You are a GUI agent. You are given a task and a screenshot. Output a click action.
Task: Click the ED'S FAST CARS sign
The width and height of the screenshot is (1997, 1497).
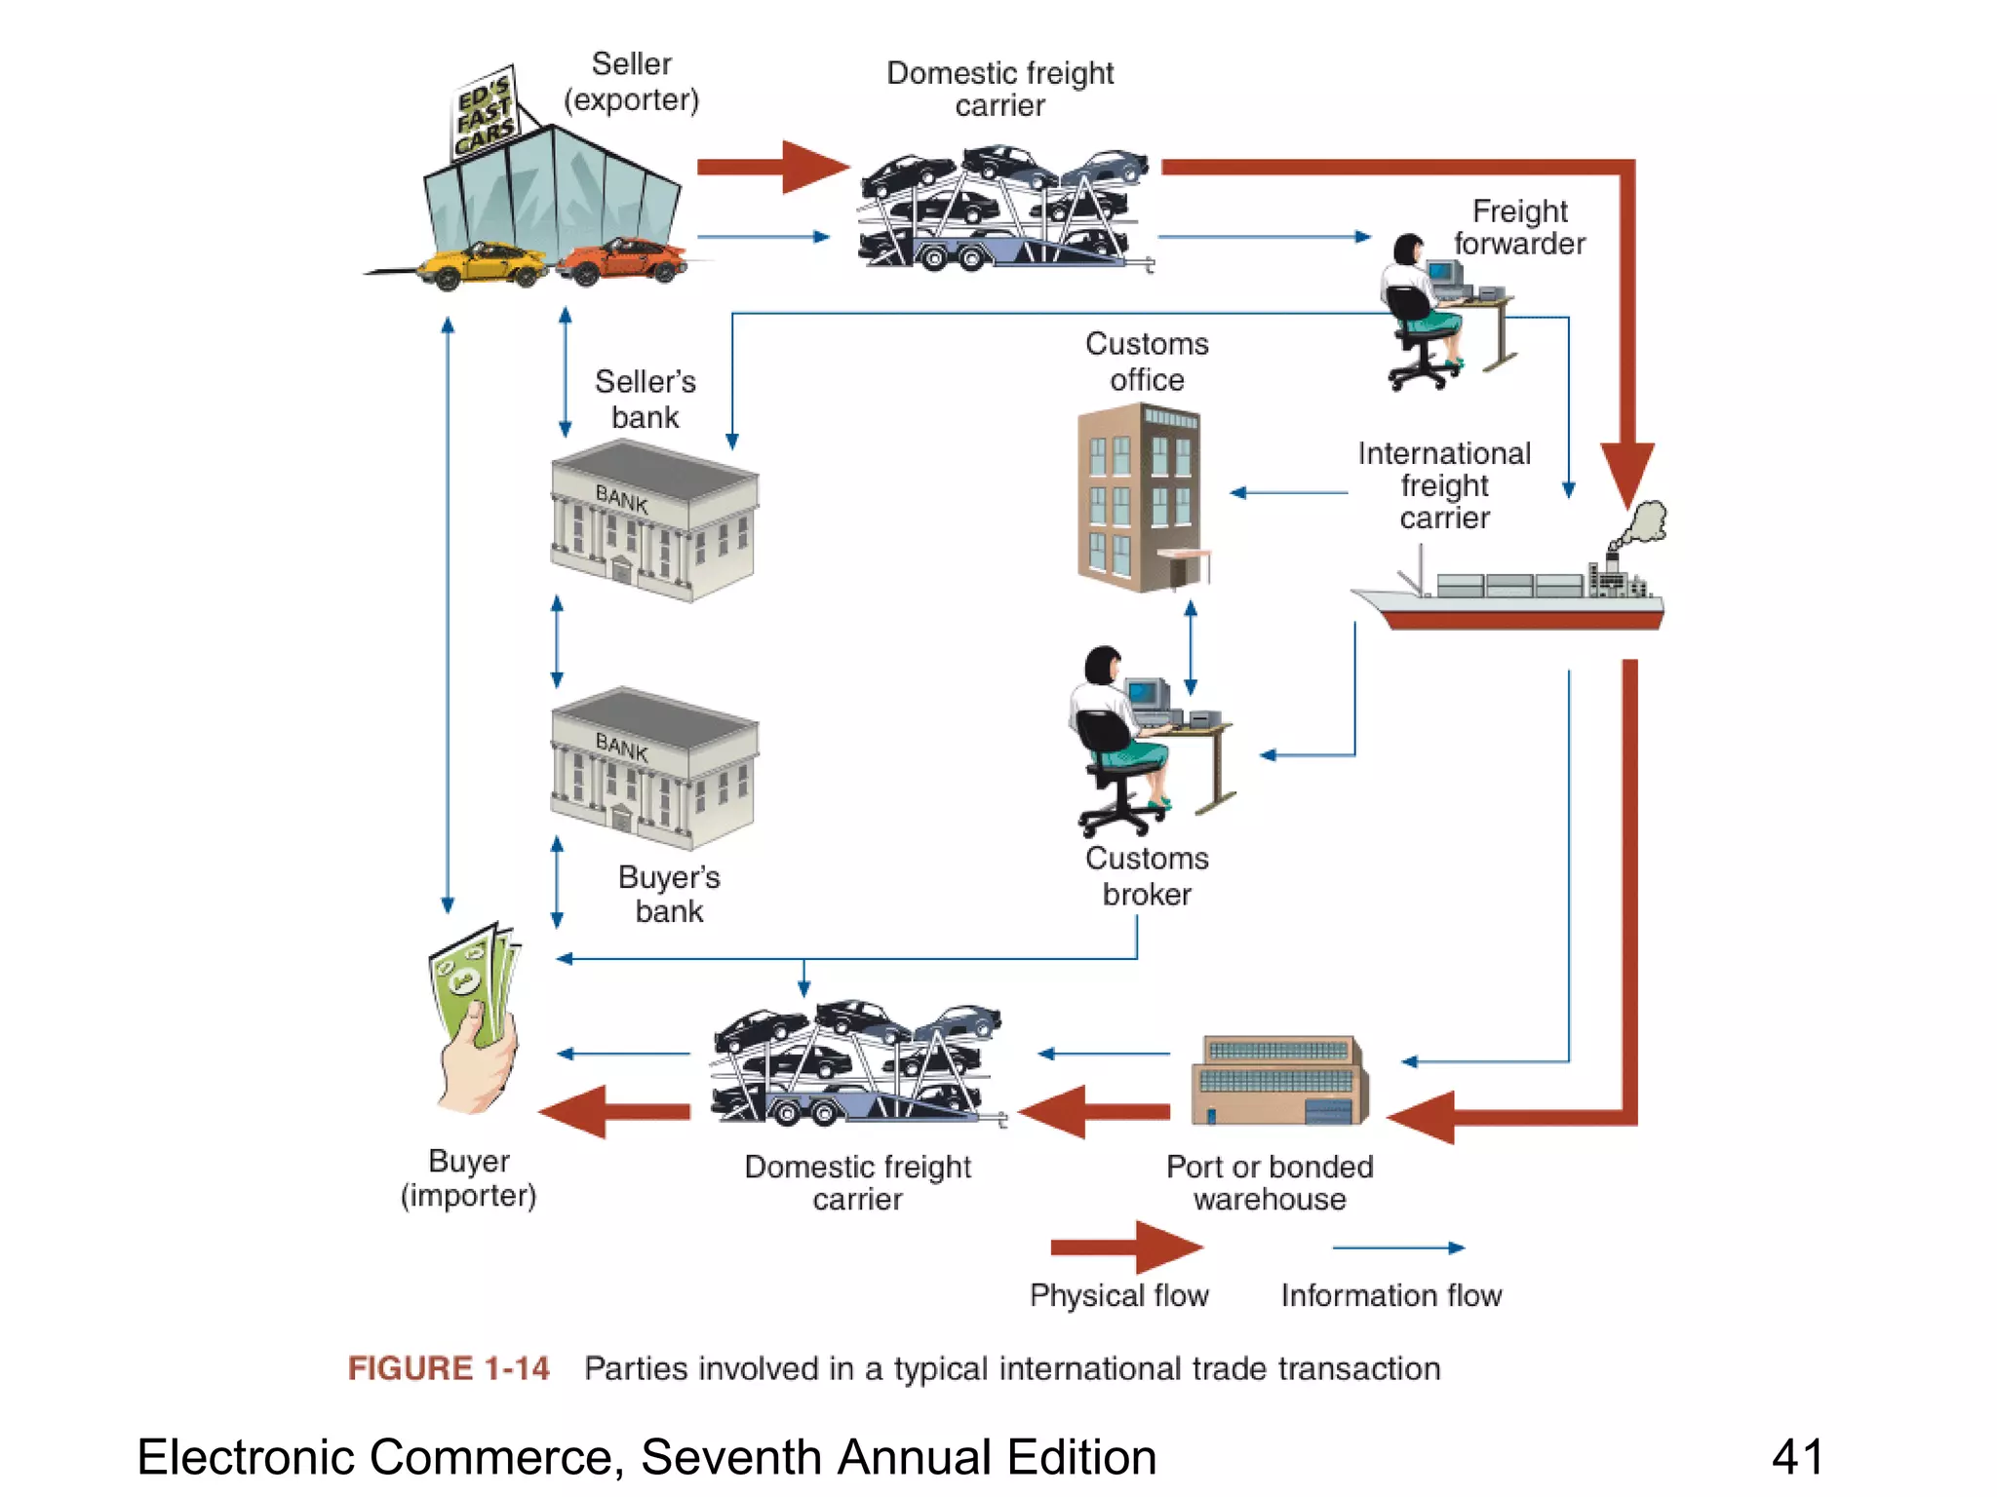point(485,115)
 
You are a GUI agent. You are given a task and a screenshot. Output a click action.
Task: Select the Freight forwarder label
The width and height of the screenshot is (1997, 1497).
point(1519,227)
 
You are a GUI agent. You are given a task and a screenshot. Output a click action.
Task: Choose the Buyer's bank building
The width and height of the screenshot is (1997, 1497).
point(654,767)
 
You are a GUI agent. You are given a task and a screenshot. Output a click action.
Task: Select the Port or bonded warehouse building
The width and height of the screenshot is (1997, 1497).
point(1278,1080)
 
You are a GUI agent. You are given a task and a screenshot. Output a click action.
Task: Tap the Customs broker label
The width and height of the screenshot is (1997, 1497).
point(1147,876)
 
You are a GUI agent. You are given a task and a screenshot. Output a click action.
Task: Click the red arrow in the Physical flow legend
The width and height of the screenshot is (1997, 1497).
point(1126,1247)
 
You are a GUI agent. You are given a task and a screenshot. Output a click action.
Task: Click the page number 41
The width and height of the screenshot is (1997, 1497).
point(1797,1458)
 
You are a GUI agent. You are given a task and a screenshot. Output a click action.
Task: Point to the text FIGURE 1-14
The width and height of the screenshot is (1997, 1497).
point(449,1368)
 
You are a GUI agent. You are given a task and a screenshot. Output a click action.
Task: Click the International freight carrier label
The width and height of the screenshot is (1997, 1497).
point(1444,485)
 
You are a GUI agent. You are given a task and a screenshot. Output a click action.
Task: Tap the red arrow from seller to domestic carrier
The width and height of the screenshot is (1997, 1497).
point(770,167)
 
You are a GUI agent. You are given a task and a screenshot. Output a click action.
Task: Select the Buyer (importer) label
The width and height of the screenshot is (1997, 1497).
point(469,1177)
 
